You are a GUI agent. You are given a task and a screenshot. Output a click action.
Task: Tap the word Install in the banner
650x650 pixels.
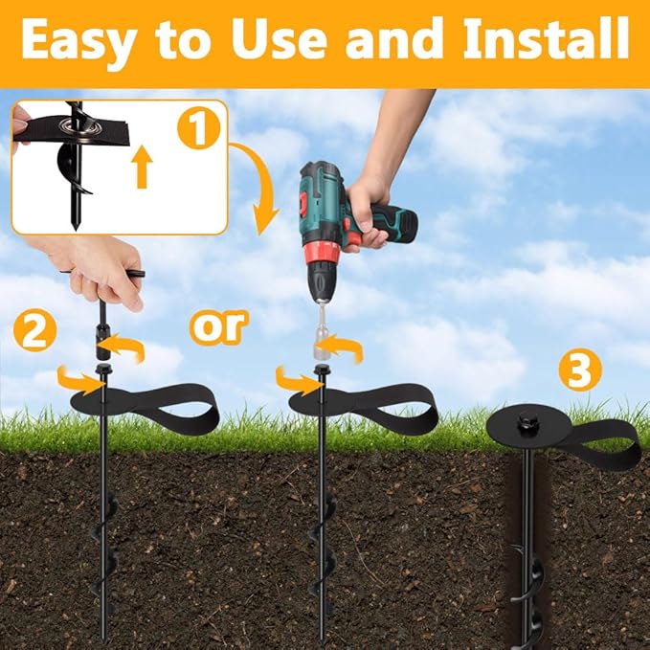coord(547,39)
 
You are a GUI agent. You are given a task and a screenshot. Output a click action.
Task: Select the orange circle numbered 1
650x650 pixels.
coord(198,127)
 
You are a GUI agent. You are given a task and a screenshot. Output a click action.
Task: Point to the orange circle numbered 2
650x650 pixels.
coord(34,331)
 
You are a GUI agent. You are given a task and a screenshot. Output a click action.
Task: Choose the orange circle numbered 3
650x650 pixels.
coord(580,370)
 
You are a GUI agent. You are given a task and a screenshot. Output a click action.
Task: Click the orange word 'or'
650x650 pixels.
coord(218,327)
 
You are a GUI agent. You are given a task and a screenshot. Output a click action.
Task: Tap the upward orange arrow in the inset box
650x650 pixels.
coord(142,167)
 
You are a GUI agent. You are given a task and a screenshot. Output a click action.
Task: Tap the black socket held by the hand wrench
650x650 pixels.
coord(103,341)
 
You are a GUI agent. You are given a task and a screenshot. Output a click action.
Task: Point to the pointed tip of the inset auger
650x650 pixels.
coord(75,227)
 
